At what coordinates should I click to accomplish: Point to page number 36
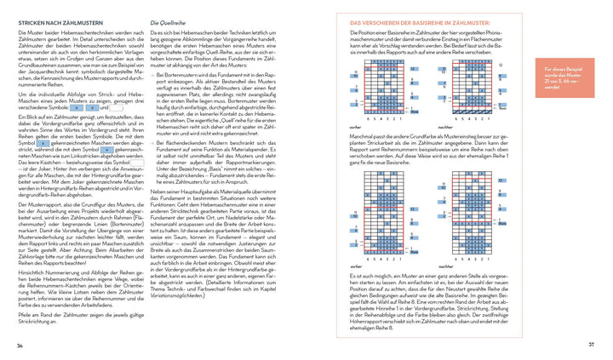coord(20,344)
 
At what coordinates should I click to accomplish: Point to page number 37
coord(591,344)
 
